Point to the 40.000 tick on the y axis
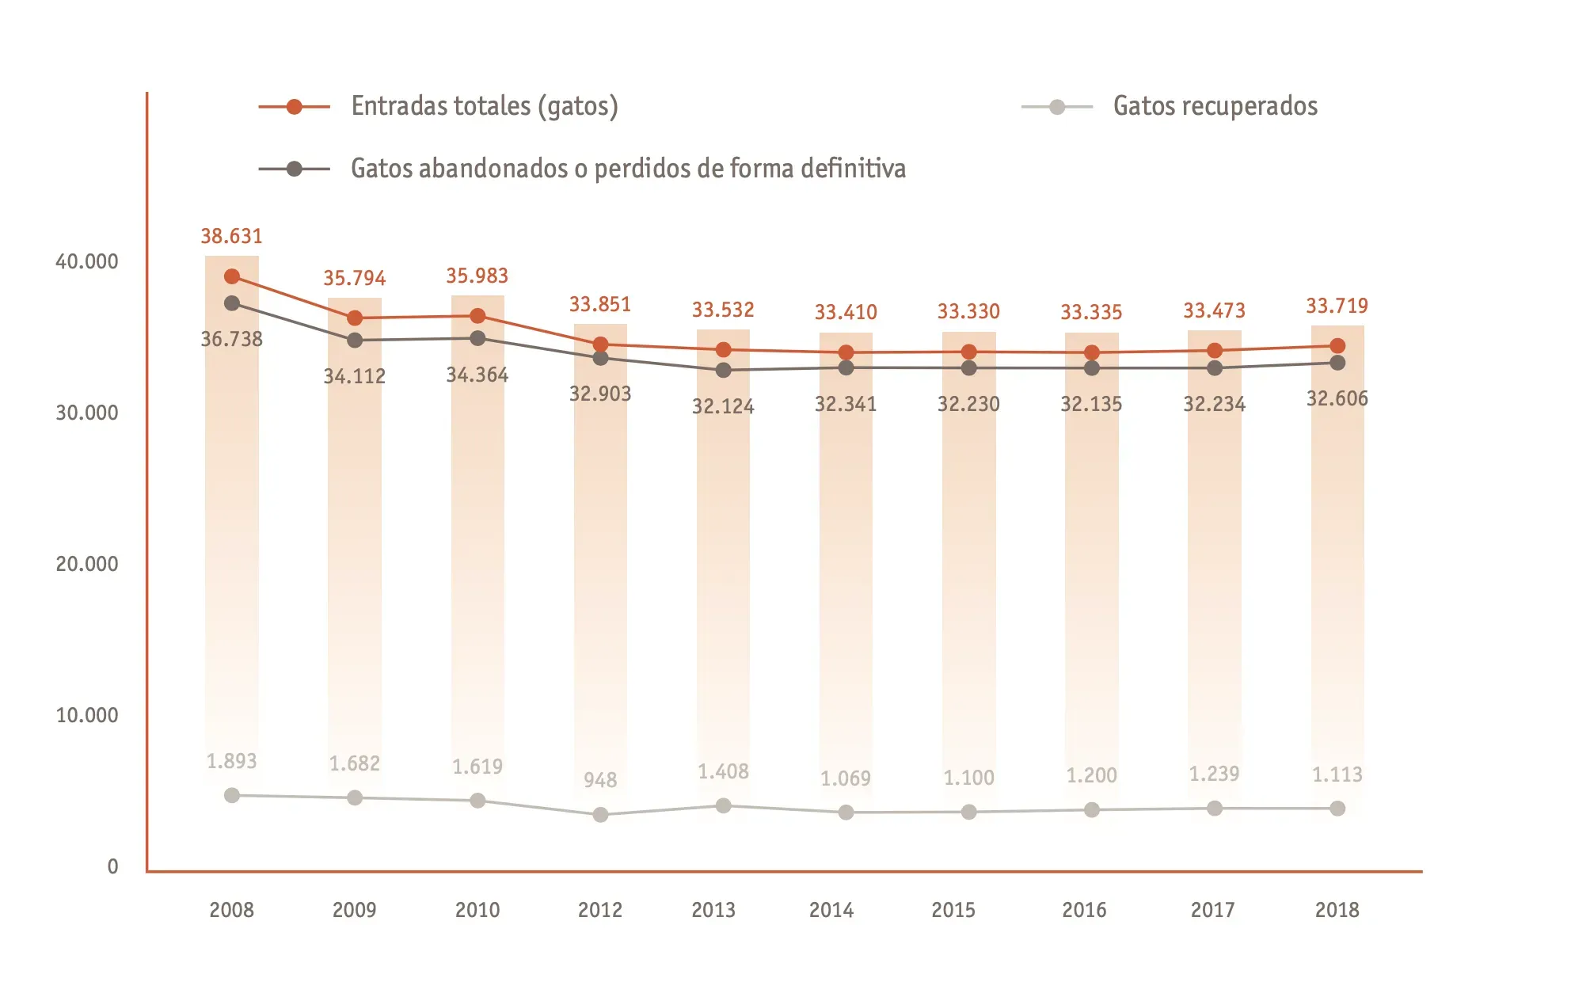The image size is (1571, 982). [x=87, y=262]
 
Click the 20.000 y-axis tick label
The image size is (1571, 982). [x=87, y=564]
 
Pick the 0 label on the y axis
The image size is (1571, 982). [x=112, y=866]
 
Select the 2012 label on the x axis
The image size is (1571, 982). [x=599, y=910]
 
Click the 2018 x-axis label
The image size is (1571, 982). [x=1337, y=910]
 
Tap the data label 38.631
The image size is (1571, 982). [x=231, y=236]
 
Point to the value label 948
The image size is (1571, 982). [x=600, y=780]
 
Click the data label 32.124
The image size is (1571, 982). [x=723, y=406]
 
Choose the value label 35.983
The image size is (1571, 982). [x=477, y=276]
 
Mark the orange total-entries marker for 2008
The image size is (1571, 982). [x=232, y=276]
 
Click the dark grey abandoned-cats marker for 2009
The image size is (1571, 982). [x=355, y=341]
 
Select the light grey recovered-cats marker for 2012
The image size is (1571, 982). [x=600, y=814]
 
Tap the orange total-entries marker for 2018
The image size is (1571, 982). [x=1337, y=346]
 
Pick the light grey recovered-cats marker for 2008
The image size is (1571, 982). [x=232, y=795]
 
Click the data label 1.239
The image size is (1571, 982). [x=1214, y=774]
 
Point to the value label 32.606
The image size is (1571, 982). [x=1337, y=398]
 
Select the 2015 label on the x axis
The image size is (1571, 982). [x=953, y=910]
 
